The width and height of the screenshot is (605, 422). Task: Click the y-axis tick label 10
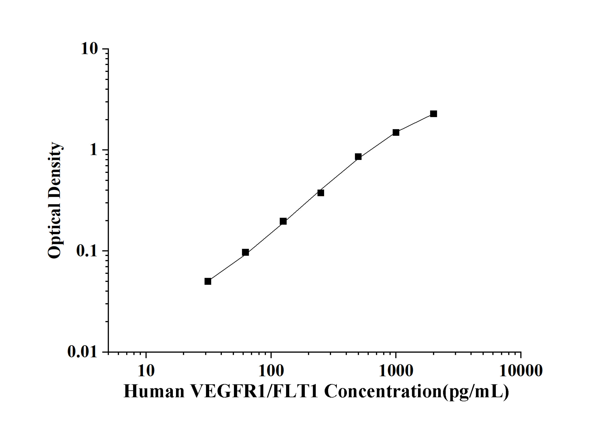(89, 49)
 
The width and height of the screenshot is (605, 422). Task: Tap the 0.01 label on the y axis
(82, 351)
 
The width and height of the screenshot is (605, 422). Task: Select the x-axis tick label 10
(146, 371)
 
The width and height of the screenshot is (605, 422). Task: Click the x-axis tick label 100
(271, 371)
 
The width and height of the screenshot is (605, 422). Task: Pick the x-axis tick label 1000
(396, 371)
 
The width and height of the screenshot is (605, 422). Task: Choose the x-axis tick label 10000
(521, 371)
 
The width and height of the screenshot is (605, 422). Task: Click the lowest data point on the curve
(208, 282)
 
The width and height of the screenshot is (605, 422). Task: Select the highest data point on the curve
(433, 114)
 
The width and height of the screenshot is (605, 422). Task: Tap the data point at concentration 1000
(396, 132)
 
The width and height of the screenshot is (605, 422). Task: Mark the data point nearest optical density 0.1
(245, 252)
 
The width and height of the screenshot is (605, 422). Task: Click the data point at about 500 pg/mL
(358, 157)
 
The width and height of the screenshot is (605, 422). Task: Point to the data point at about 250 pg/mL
(321, 193)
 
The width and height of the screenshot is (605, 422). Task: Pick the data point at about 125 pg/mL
(283, 221)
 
